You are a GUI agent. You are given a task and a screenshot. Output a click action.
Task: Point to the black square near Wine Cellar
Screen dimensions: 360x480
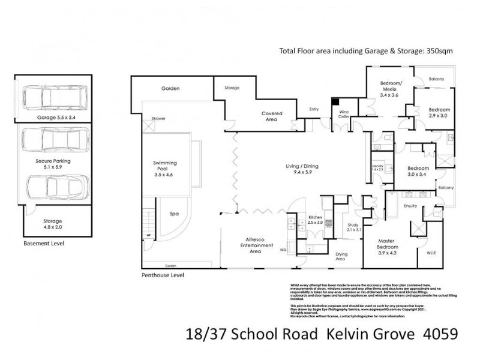point(337,103)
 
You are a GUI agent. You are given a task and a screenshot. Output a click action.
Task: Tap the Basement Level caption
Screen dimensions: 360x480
point(43,244)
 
